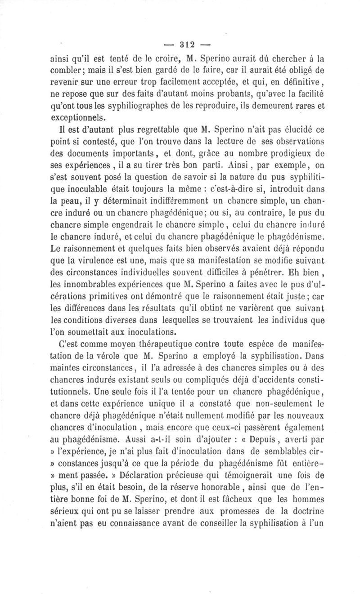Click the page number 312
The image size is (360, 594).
point(180,45)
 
